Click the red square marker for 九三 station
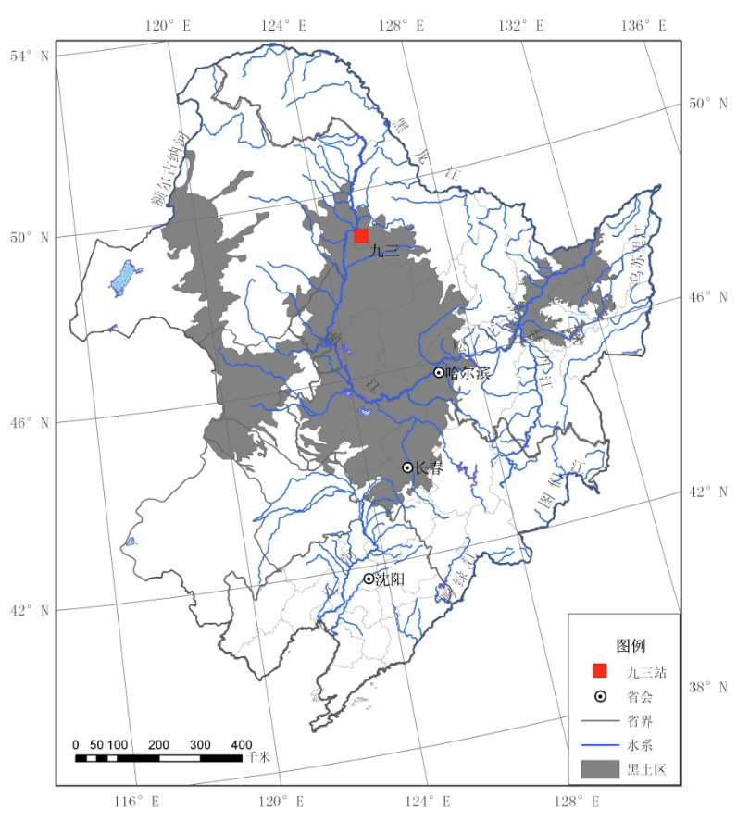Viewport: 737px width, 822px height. [x=361, y=236]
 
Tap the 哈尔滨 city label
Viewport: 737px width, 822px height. [x=468, y=372]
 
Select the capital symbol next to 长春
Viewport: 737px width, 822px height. [x=407, y=467]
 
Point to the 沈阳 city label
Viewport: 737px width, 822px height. [x=391, y=579]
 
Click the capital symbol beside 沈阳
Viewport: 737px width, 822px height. [x=368, y=579]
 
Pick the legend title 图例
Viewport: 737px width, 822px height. [x=631, y=644]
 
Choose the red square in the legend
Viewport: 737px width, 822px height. [x=599, y=671]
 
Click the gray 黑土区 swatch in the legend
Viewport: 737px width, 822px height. [x=599, y=769]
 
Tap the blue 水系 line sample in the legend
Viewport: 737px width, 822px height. [x=599, y=744]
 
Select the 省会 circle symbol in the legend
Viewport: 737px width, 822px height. [x=599, y=695]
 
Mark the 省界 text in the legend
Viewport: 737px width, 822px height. [x=640, y=719]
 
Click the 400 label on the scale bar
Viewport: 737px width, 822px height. [x=242, y=744]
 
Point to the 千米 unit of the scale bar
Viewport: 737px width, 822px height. [x=257, y=757]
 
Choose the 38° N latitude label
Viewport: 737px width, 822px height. [x=708, y=687]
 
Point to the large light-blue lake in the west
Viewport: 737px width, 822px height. [x=121, y=278]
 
